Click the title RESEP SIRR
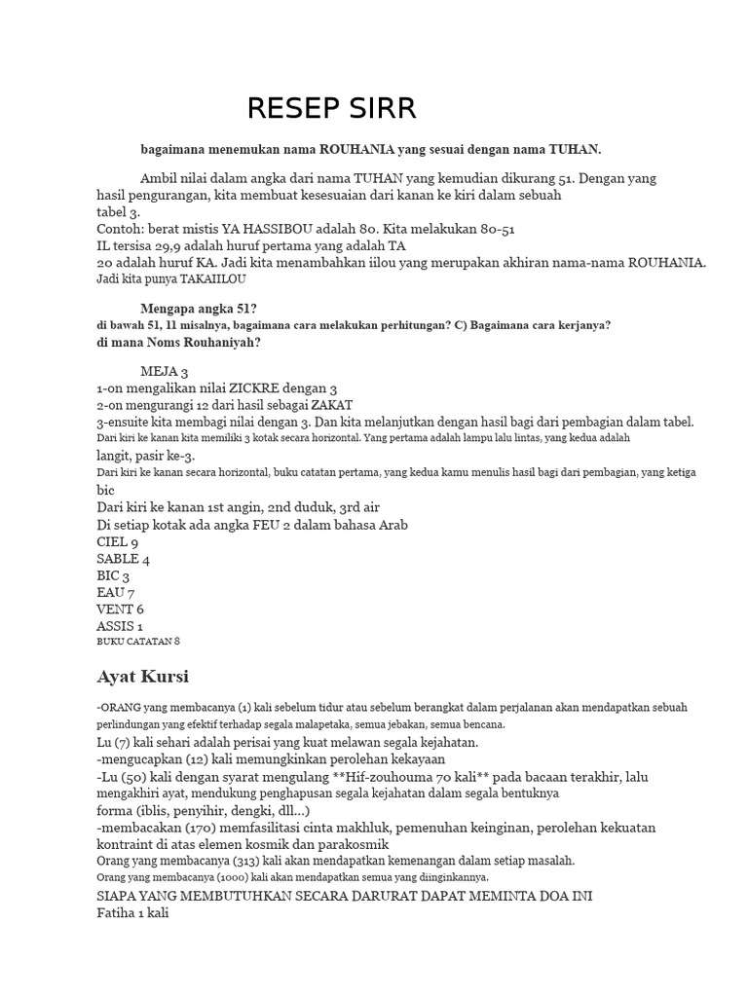(331, 109)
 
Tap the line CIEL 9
(118, 542)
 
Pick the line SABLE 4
(124, 560)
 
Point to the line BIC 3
(113, 576)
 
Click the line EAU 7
(116, 593)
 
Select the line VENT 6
(121, 609)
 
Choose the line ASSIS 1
(121, 626)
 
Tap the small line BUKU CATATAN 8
(138, 642)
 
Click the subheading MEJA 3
(165, 372)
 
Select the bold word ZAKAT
(332, 405)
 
